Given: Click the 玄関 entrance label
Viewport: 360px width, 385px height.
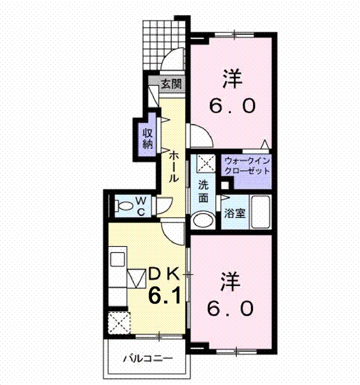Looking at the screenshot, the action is (x=171, y=84).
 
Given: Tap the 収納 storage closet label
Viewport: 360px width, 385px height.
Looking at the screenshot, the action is (x=148, y=138).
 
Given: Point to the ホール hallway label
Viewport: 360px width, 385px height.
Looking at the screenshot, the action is (x=173, y=166).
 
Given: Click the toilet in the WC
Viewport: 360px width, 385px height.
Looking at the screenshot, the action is (x=123, y=206).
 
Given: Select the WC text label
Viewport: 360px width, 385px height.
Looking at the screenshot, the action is (x=141, y=206).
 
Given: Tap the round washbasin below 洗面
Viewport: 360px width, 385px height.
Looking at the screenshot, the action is (x=203, y=220).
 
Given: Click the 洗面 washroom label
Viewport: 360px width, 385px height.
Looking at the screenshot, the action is (x=203, y=191).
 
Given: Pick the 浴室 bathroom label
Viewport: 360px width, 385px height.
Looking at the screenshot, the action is (x=234, y=213).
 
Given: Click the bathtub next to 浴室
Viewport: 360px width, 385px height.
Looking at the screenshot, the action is (x=261, y=211).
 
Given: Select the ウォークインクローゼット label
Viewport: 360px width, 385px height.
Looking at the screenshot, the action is (x=247, y=166).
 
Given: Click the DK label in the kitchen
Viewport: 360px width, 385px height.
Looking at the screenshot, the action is (x=164, y=275).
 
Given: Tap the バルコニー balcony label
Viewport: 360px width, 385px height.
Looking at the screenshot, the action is (x=148, y=359).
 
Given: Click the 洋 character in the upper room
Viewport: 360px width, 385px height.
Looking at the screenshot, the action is (x=232, y=79).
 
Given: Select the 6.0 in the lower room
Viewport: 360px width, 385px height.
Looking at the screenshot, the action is (x=230, y=308).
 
